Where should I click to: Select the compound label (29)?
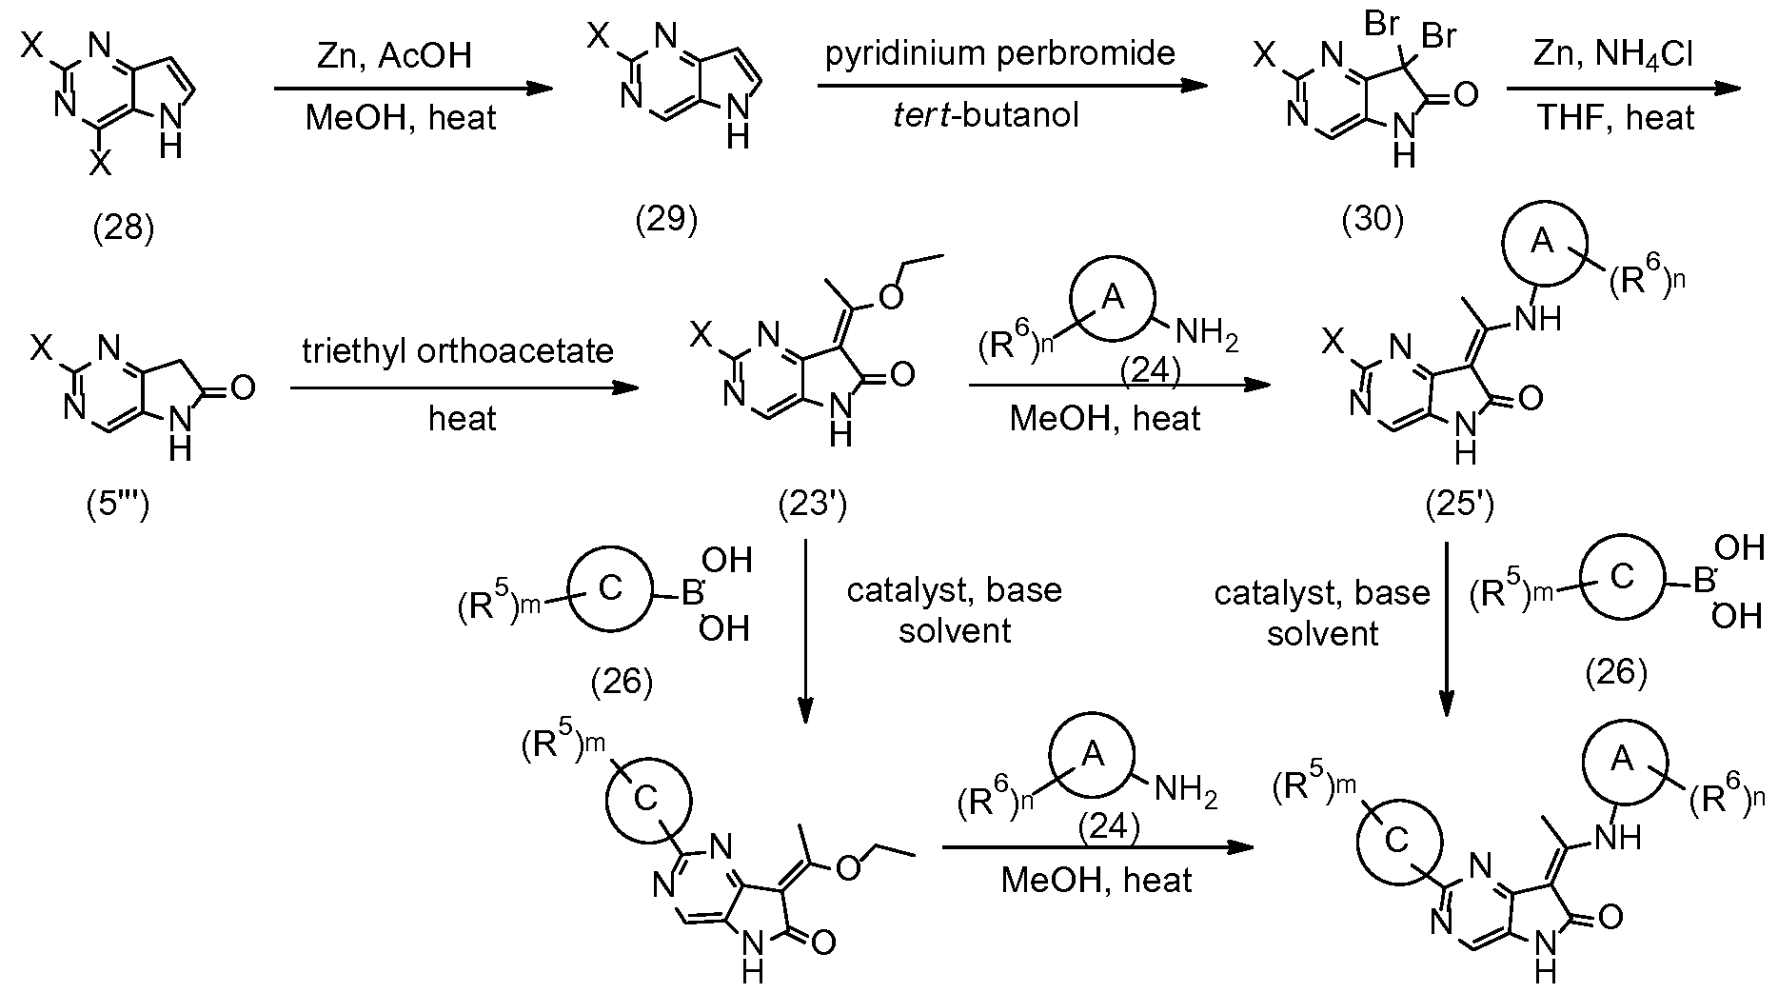click(x=666, y=219)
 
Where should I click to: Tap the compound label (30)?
click(x=1372, y=219)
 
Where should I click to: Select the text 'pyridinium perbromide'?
click(x=1000, y=53)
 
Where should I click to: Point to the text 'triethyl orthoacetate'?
click(x=458, y=350)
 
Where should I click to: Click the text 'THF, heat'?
click(x=1616, y=117)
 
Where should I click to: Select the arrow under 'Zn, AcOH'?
click(x=413, y=89)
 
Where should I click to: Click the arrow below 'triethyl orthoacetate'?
click(x=464, y=387)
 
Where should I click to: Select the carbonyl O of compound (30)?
click(x=1467, y=95)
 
